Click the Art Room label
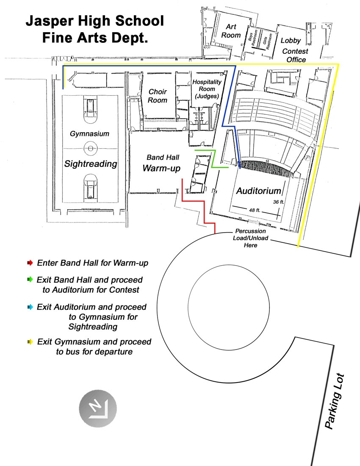click(x=231, y=31)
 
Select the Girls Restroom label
click(x=267, y=42)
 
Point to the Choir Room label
click(x=158, y=96)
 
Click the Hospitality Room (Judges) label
click(x=207, y=89)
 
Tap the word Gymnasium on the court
click(x=89, y=134)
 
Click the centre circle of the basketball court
click(x=91, y=148)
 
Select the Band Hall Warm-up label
click(x=162, y=164)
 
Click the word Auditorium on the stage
click(x=259, y=191)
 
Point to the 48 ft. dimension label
click(x=255, y=210)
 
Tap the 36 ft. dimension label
click(x=279, y=202)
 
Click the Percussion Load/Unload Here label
click(x=250, y=238)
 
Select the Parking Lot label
click(x=335, y=401)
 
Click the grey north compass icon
click(x=98, y=408)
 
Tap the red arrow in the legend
click(x=30, y=263)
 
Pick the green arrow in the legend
click(x=30, y=279)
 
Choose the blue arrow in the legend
click(x=30, y=307)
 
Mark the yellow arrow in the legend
click(x=30, y=342)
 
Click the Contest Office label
click(x=295, y=55)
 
